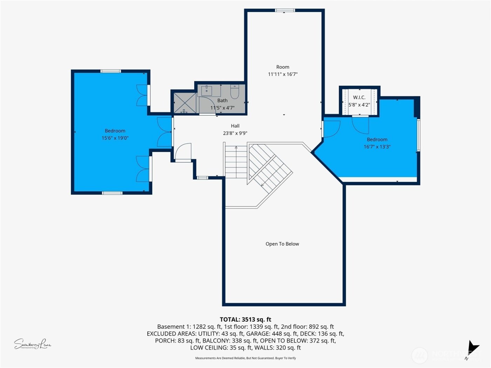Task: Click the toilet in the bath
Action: coord(235,92)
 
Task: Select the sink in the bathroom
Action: coord(207,90)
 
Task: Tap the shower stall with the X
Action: coord(185,103)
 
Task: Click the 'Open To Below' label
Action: coord(282,244)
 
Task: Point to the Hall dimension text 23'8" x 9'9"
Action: coord(235,133)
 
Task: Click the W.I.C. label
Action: coord(359,97)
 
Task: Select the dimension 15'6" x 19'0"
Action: coord(115,138)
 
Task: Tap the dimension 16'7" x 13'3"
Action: coord(377,147)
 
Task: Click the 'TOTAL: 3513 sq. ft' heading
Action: coord(245,319)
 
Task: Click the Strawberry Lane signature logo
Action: coord(32,344)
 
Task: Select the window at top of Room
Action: coord(284,11)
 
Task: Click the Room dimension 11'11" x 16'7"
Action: coord(283,74)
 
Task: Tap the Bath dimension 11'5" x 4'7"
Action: coord(222,108)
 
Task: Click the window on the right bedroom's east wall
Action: coord(418,135)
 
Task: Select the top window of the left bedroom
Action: coord(110,71)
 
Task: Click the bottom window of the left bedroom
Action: coord(112,193)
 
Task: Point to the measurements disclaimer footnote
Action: coord(245,358)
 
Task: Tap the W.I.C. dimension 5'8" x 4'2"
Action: coord(359,105)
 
